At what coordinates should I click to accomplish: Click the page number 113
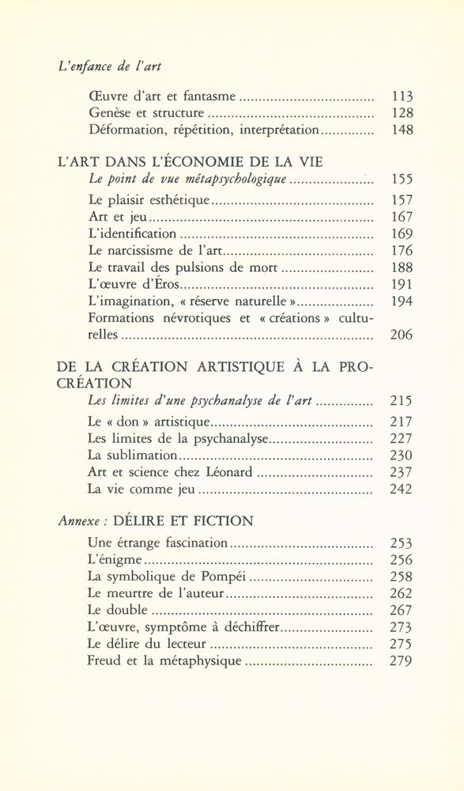[x=402, y=97]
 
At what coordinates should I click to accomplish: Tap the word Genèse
[x=111, y=113]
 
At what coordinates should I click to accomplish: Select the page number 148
[x=402, y=129]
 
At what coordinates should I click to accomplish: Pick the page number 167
[x=402, y=217]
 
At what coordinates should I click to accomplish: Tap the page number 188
[x=402, y=267]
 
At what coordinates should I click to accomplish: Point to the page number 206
[x=402, y=335]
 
